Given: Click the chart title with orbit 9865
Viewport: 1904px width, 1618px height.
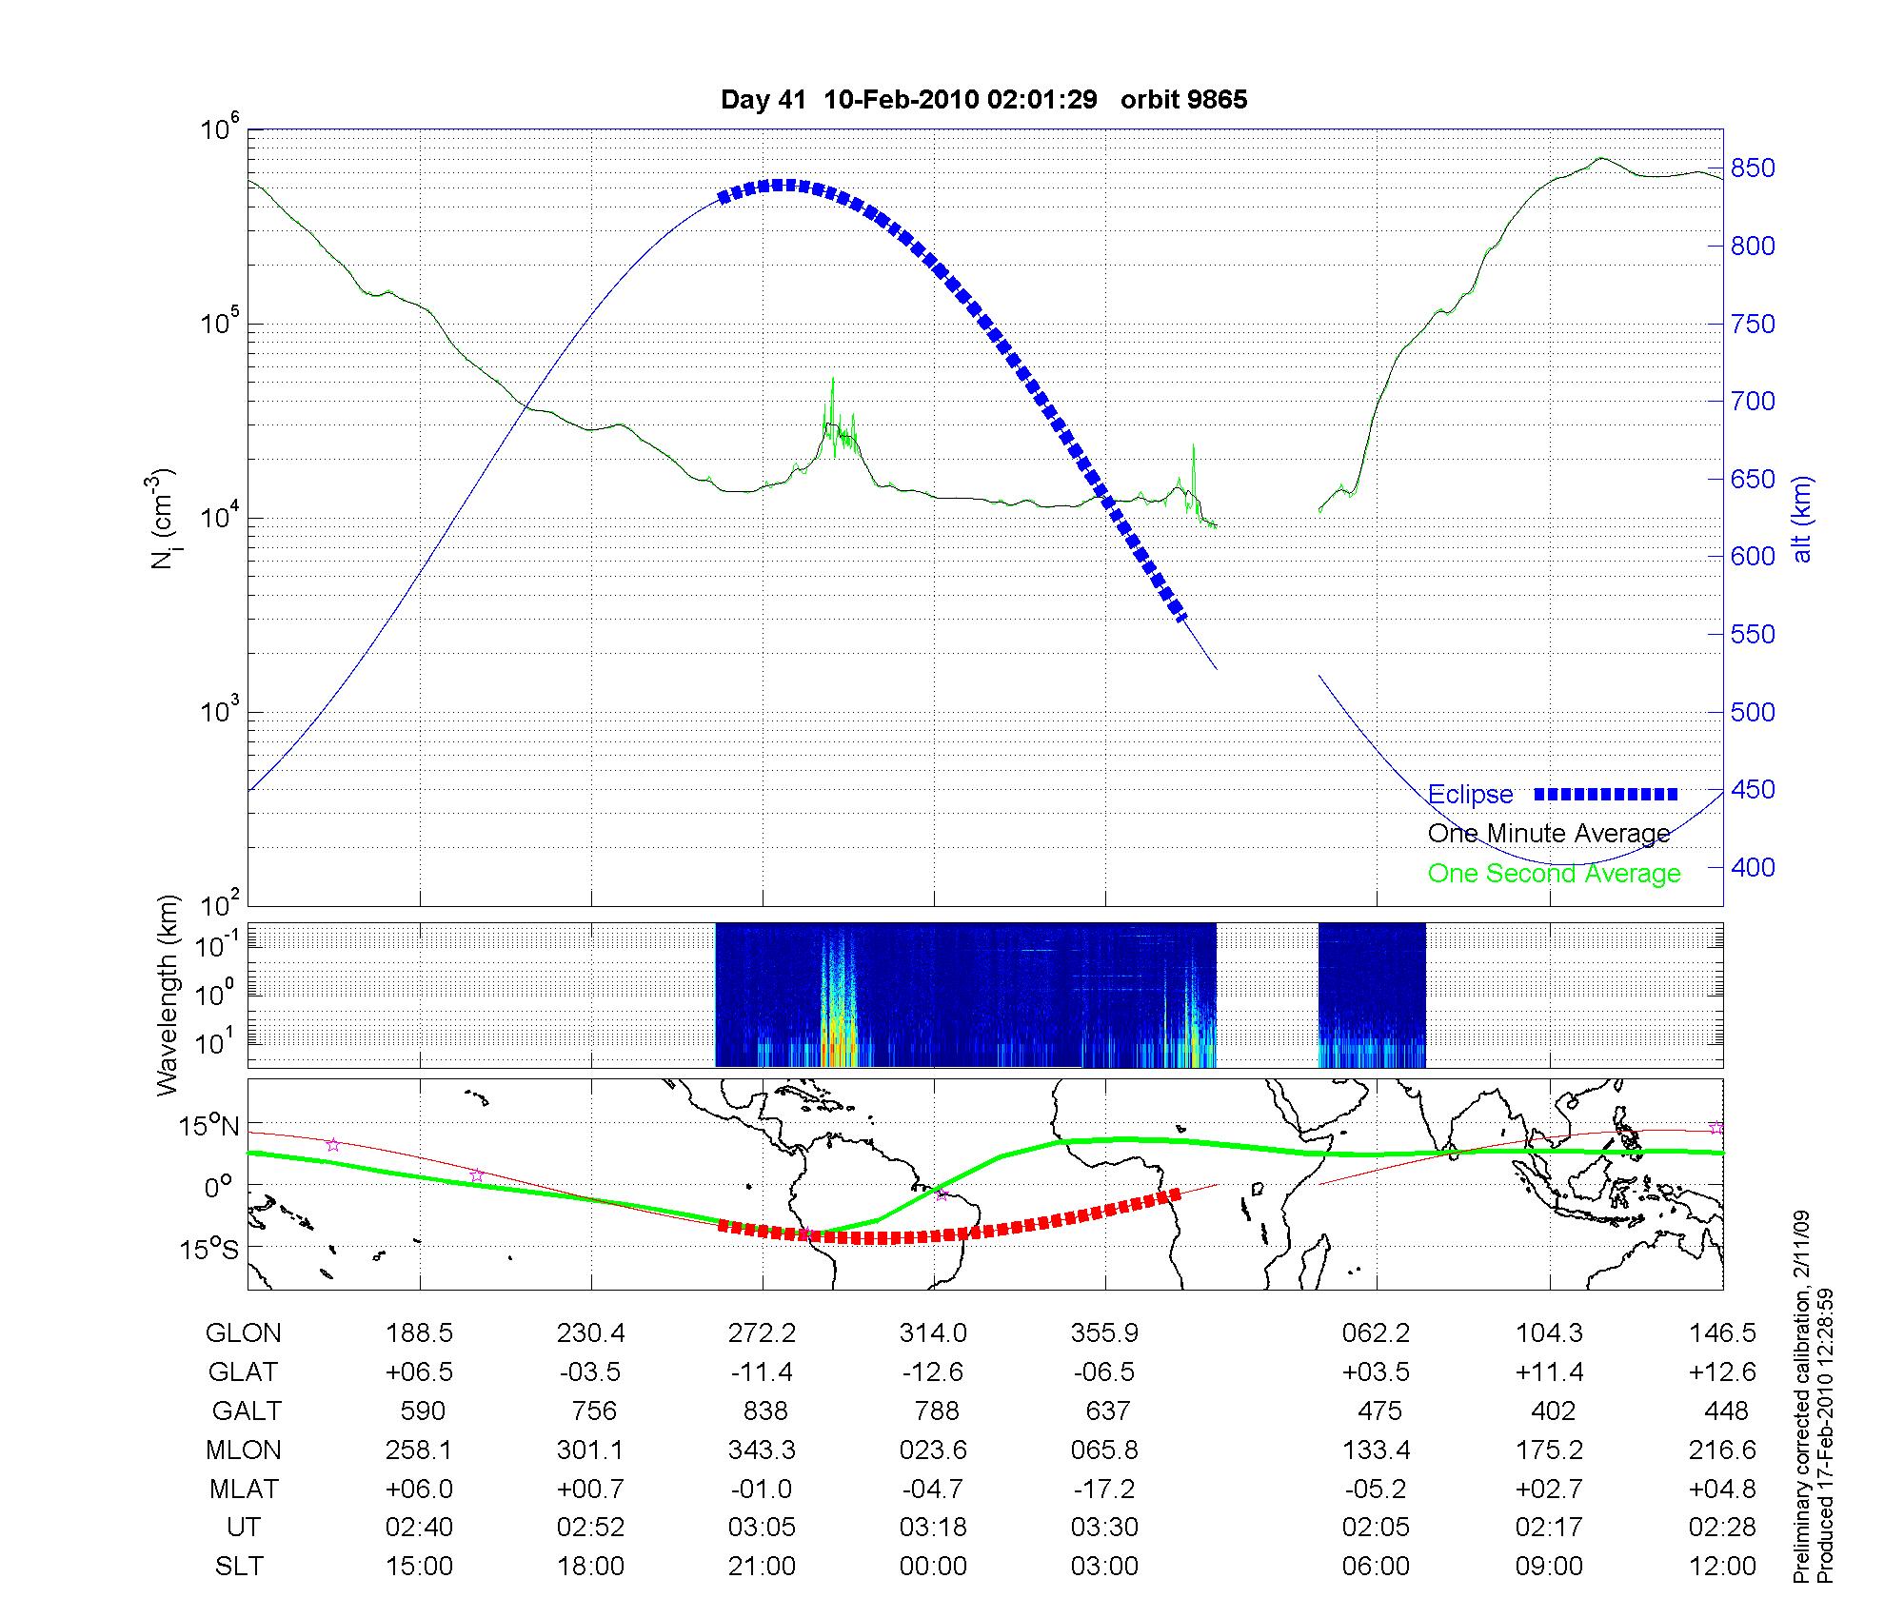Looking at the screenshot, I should tap(983, 100).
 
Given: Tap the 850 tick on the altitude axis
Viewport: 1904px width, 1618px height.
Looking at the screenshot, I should tap(1753, 169).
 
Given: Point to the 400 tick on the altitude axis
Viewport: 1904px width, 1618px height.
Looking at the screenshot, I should tap(1753, 868).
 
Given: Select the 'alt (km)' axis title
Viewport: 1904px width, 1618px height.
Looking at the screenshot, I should tap(1802, 519).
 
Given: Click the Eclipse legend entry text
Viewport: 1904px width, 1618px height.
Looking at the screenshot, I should tap(1470, 795).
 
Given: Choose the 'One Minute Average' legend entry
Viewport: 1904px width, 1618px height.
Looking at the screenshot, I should tap(1549, 834).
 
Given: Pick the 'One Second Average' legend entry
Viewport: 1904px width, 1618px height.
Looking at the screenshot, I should tap(1554, 874).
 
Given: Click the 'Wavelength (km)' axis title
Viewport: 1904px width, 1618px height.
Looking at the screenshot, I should tap(169, 995).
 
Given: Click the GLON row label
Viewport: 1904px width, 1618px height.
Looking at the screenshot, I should tap(243, 1333).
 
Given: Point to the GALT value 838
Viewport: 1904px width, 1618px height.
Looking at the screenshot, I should tap(762, 1411).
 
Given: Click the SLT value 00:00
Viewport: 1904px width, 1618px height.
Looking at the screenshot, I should tap(933, 1566).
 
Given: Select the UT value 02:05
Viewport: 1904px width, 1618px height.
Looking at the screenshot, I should tap(1376, 1528).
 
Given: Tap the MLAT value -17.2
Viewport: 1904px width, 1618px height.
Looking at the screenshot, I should tap(1104, 1489).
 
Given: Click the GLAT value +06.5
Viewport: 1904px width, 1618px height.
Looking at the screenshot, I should tap(419, 1371).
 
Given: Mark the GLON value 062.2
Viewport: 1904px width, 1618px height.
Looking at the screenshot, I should tap(1376, 1333).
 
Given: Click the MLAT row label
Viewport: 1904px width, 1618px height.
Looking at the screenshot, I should tap(243, 1489).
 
